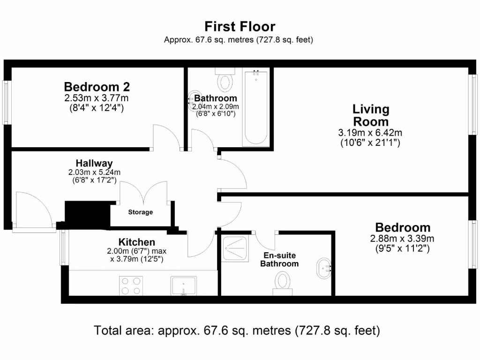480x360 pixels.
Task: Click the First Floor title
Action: click(x=240, y=27)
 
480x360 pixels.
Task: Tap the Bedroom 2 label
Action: click(x=97, y=87)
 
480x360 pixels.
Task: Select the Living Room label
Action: click(x=371, y=115)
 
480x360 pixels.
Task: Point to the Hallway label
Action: click(x=94, y=163)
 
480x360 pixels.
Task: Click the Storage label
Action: click(x=141, y=212)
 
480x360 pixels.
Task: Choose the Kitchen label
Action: click(x=137, y=242)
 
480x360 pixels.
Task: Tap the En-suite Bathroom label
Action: click(x=279, y=260)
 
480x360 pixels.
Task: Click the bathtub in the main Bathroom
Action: click(x=256, y=107)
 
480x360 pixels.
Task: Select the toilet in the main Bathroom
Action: click(x=225, y=80)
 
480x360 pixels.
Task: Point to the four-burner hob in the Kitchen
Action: click(x=131, y=286)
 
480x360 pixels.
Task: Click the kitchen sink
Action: click(x=184, y=286)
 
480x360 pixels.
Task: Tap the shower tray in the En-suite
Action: click(x=235, y=249)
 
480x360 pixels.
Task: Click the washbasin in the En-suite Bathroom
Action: click(x=324, y=269)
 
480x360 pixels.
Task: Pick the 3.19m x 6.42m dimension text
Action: click(x=370, y=133)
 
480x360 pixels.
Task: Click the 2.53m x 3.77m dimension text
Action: click(x=97, y=98)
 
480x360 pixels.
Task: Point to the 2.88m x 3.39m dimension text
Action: click(x=402, y=239)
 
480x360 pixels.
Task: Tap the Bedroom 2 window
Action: click(x=7, y=102)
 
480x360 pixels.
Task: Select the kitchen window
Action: click(x=63, y=247)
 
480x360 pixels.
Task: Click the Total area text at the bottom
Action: click(x=237, y=330)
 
